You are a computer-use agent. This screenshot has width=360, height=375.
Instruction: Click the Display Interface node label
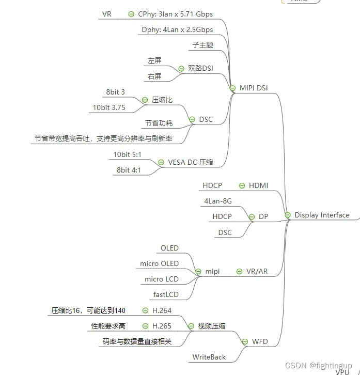pyautogui.click(x=322, y=215)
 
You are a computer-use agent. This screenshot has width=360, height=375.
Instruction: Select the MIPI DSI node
pyautogui.click(x=254, y=88)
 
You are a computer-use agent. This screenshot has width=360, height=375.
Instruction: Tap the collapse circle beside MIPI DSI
pyautogui.click(x=233, y=88)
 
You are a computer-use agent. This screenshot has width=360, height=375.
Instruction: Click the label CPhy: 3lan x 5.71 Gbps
pyautogui.click(x=175, y=14)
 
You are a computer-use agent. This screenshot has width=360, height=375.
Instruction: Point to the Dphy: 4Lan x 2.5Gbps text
pyautogui.click(x=177, y=29)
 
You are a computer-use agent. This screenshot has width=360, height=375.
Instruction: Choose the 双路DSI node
pyautogui.click(x=200, y=68)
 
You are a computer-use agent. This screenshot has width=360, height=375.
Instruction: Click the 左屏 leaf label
pyautogui.click(x=154, y=60)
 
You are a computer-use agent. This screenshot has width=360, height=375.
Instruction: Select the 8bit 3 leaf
pyautogui.click(x=116, y=92)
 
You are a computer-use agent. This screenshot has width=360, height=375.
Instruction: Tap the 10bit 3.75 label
pyautogui.click(x=109, y=107)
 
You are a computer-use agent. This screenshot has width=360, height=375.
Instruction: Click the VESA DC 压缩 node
pyautogui.click(x=190, y=162)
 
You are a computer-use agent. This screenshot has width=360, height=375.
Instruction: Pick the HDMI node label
pyautogui.click(x=258, y=185)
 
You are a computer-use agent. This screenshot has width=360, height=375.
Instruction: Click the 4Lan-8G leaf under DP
pyautogui.click(x=218, y=201)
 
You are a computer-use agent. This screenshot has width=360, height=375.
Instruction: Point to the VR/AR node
pyautogui.click(x=257, y=271)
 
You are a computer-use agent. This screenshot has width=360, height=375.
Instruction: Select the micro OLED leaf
pyautogui.click(x=159, y=263)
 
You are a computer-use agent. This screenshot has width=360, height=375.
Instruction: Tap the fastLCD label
pyautogui.click(x=166, y=294)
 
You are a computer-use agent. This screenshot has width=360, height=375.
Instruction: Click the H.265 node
pyautogui.click(x=162, y=326)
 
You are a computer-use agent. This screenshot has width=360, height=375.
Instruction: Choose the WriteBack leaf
pyautogui.click(x=209, y=357)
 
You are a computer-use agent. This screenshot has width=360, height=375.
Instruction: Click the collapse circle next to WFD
pyautogui.click(x=245, y=341)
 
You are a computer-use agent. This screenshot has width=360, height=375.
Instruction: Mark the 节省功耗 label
pyautogui.click(x=159, y=123)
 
